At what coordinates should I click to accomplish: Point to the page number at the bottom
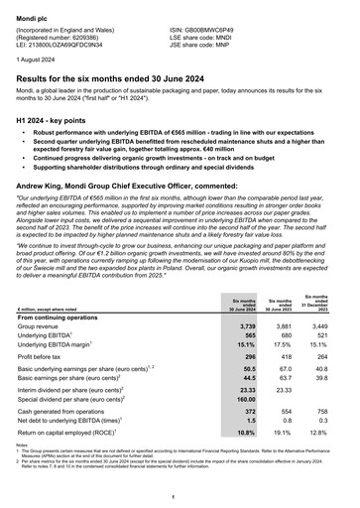coord(180,496)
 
